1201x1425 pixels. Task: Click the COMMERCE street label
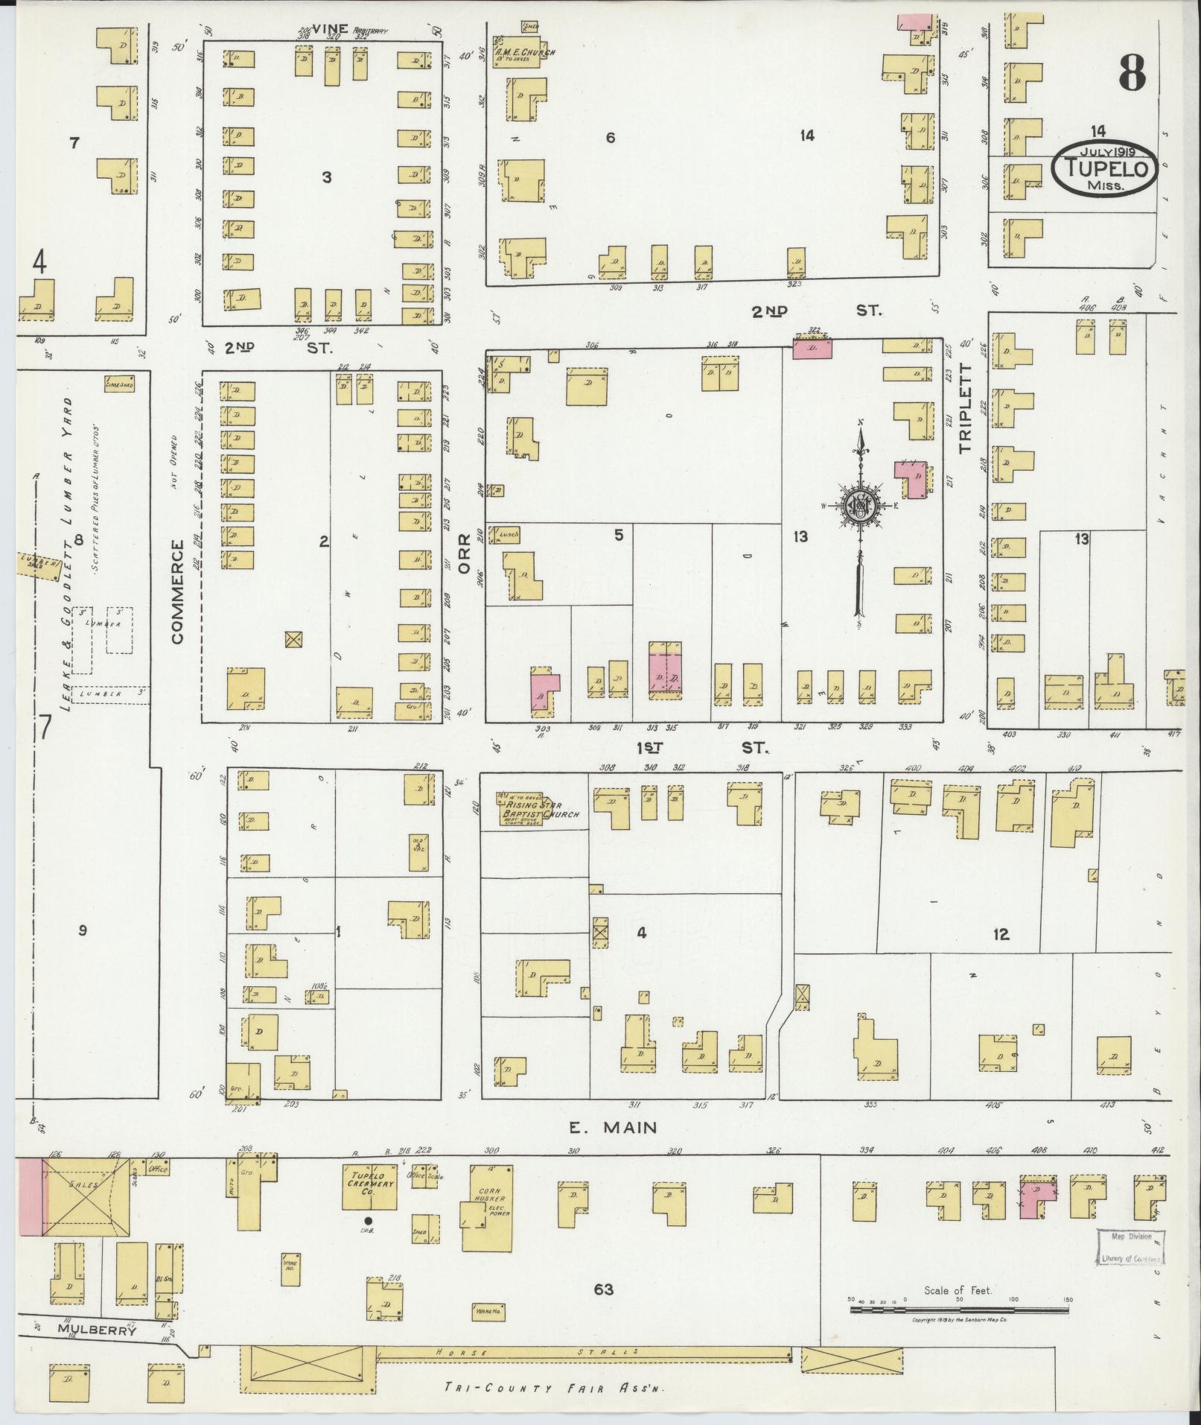tap(177, 592)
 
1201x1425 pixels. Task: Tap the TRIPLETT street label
tap(966, 408)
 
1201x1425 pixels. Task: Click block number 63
tap(604, 1289)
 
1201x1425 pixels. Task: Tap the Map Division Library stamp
tap(1131, 1247)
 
